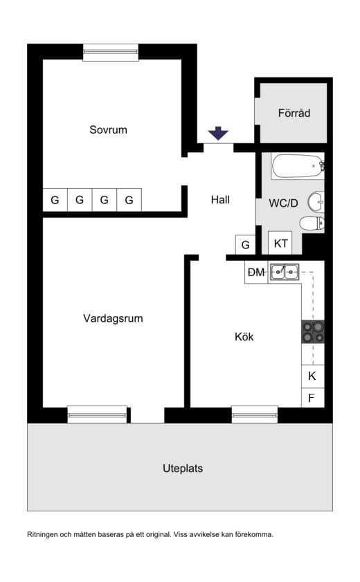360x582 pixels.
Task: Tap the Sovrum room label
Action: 109,129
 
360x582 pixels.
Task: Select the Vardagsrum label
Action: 113,318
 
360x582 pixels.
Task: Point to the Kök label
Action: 244,336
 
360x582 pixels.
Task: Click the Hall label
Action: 220,200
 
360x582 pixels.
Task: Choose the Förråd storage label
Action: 294,113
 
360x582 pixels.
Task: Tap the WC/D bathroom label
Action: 284,203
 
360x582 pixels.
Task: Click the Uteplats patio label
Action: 183,469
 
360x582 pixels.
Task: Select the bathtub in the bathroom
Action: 298,166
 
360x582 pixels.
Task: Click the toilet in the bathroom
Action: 312,224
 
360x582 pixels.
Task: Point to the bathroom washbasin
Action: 316,202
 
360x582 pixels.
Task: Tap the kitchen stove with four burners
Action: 313,331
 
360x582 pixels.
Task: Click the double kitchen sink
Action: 285,272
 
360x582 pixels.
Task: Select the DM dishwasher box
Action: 256,273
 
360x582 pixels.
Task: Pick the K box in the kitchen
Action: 313,376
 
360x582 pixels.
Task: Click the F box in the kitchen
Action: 313,398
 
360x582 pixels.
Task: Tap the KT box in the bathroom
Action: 280,243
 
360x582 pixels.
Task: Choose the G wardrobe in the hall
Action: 245,245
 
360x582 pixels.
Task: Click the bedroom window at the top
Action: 111,53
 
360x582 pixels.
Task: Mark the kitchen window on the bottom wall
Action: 255,415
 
